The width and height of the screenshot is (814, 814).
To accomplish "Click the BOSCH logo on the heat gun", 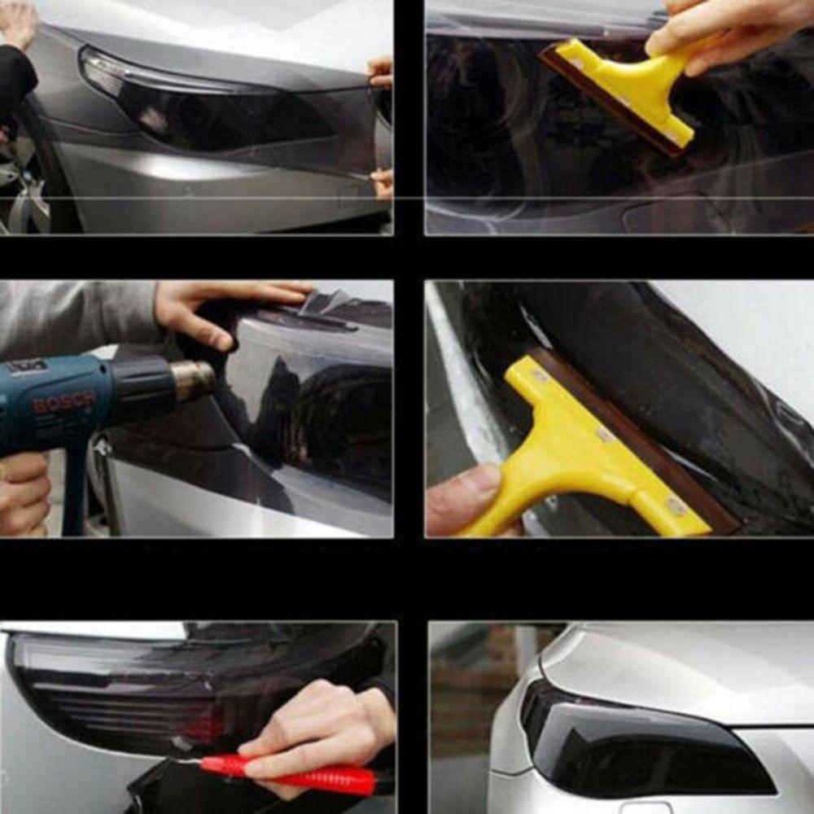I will point(63,403).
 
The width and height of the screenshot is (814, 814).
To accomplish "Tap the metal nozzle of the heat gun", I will point(192,379).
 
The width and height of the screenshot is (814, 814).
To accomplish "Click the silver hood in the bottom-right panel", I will point(692,667).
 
